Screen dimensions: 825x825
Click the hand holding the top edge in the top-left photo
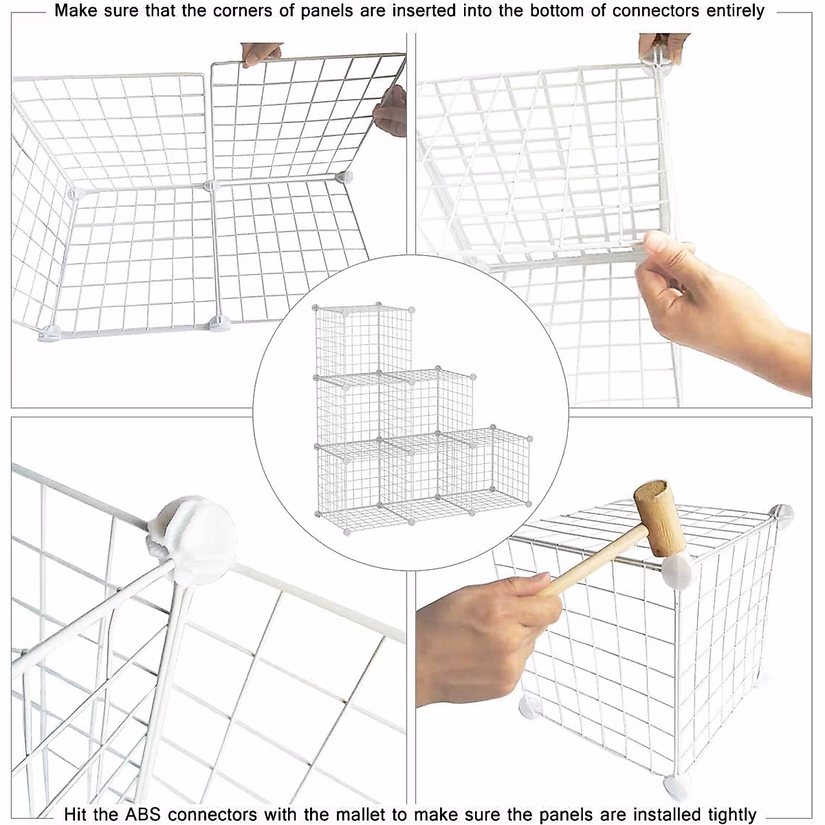click(261, 52)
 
